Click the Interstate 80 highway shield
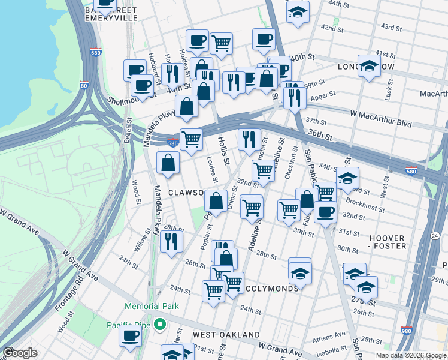pos(84,86)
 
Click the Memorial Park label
pos(152,306)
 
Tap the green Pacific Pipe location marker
pos(159,325)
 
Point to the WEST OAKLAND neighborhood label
pos(226,335)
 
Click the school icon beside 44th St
pos(298,12)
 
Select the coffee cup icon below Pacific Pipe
pos(130,336)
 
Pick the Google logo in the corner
pos(20,353)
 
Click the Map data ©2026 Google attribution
pos(411,355)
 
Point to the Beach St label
pos(128,130)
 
